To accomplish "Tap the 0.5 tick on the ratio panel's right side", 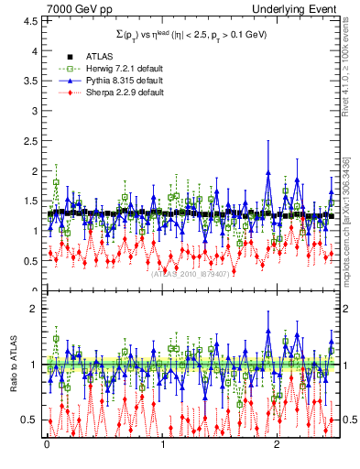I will point(348,420).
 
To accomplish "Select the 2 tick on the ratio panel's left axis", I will point(34,309).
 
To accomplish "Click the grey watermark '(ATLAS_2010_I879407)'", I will point(191,274).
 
